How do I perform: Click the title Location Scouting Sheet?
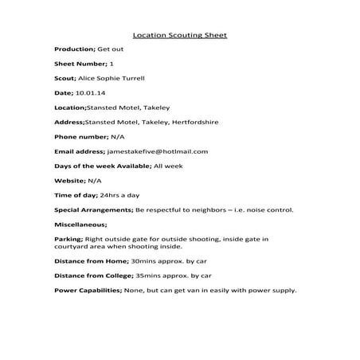click(179, 35)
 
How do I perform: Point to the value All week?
click(169, 165)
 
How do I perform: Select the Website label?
click(70, 180)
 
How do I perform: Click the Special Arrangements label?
click(92, 209)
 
